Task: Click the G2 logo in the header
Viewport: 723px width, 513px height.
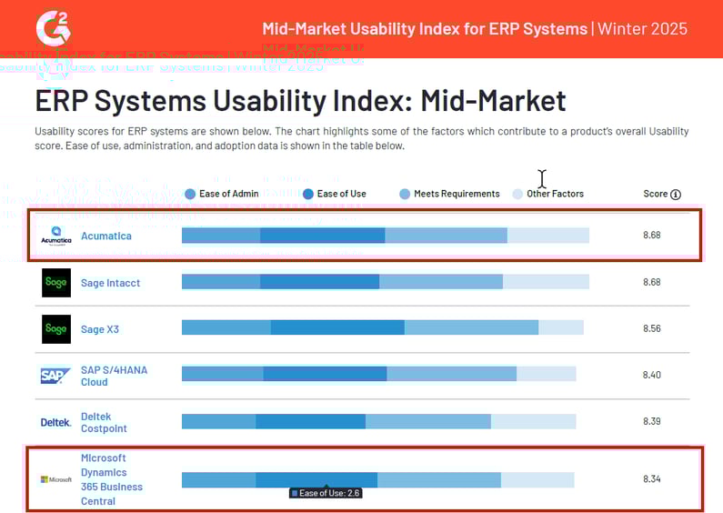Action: point(51,27)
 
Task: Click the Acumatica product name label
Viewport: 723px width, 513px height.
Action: point(105,236)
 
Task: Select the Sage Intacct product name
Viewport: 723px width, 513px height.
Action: point(110,283)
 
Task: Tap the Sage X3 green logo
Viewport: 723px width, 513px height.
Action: point(55,329)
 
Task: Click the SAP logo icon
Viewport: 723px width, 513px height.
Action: point(55,376)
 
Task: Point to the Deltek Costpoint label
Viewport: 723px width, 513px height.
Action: point(104,422)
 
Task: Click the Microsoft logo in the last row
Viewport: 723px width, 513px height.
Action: point(55,479)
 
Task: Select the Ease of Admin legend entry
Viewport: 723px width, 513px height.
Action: point(222,194)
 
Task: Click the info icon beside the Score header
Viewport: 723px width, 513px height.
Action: point(675,195)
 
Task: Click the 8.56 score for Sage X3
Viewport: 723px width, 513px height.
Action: point(651,329)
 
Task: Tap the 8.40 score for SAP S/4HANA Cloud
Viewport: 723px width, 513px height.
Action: point(651,375)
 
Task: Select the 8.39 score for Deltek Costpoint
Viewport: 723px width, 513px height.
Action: point(651,421)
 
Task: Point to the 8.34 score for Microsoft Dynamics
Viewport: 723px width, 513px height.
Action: point(651,479)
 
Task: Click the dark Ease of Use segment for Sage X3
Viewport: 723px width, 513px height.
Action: point(337,327)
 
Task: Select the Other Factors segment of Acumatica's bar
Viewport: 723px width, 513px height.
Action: point(547,236)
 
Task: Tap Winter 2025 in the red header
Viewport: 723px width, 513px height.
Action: point(643,29)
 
